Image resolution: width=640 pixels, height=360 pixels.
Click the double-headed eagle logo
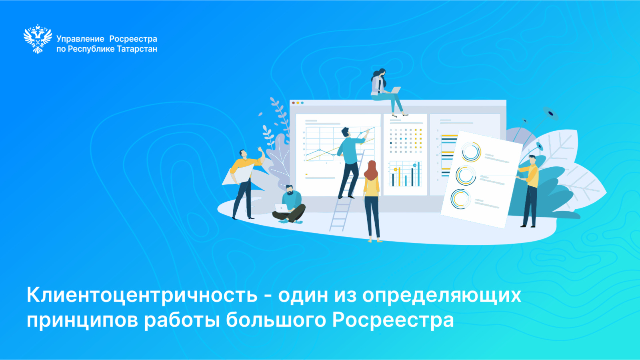point(38,39)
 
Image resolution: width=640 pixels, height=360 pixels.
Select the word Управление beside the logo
point(80,39)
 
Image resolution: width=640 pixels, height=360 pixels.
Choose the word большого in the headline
point(276,320)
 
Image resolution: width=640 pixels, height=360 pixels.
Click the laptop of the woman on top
point(395,90)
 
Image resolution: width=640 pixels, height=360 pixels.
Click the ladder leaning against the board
point(346,192)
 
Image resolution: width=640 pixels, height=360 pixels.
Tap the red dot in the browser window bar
point(294,103)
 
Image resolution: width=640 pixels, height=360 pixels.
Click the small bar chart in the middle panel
point(406,174)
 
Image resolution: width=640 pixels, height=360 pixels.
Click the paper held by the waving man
point(238,175)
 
